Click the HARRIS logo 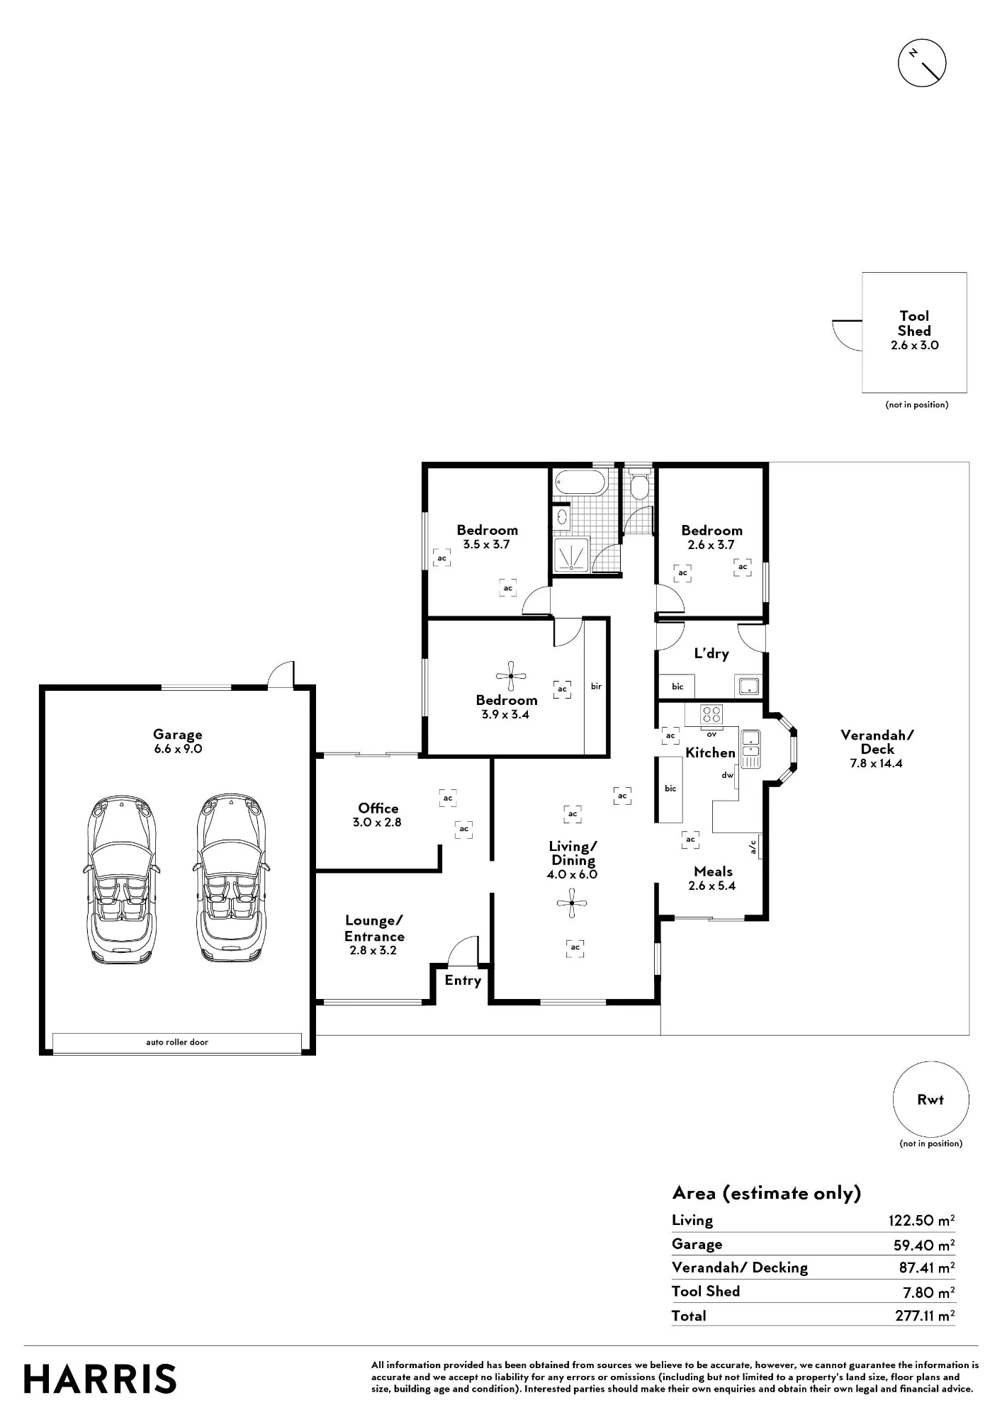click(100, 1379)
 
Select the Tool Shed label click(914, 323)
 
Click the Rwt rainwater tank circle click(930, 1099)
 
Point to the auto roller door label click(177, 1041)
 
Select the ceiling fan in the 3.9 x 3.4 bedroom click(511, 677)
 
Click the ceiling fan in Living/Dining click(571, 903)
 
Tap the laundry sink click(748, 686)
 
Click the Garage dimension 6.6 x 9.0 click(178, 749)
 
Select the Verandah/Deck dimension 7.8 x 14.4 click(877, 763)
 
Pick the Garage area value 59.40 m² click(924, 1244)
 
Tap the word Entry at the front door click(463, 981)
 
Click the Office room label click(378, 808)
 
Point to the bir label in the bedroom click(596, 686)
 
